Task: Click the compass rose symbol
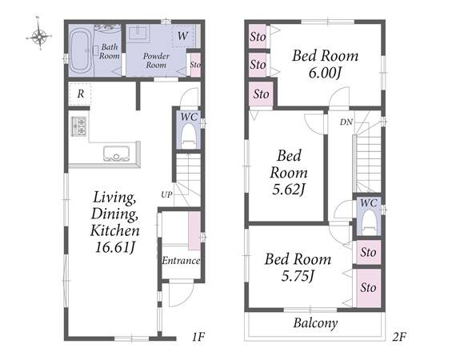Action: pos(39,37)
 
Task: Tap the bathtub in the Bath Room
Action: pos(80,51)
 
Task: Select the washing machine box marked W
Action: pos(183,36)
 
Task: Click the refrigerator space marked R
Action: pos(80,94)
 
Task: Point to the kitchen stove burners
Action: pos(78,126)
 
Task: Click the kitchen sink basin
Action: pos(116,154)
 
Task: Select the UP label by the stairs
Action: pos(166,194)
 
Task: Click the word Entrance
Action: pos(181,261)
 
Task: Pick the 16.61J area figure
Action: pos(115,248)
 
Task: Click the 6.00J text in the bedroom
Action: pos(325,73)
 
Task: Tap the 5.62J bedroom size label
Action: pos(289,190)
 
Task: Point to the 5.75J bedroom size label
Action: pos(298,276)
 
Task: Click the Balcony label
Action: pos(315,323)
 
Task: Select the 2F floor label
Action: pos(399,337)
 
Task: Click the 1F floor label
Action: pos(198,337)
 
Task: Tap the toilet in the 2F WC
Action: pos(369,222)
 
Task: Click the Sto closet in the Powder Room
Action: pos(195,65)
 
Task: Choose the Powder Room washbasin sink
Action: pos(138,32)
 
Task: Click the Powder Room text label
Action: pos(156,61)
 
